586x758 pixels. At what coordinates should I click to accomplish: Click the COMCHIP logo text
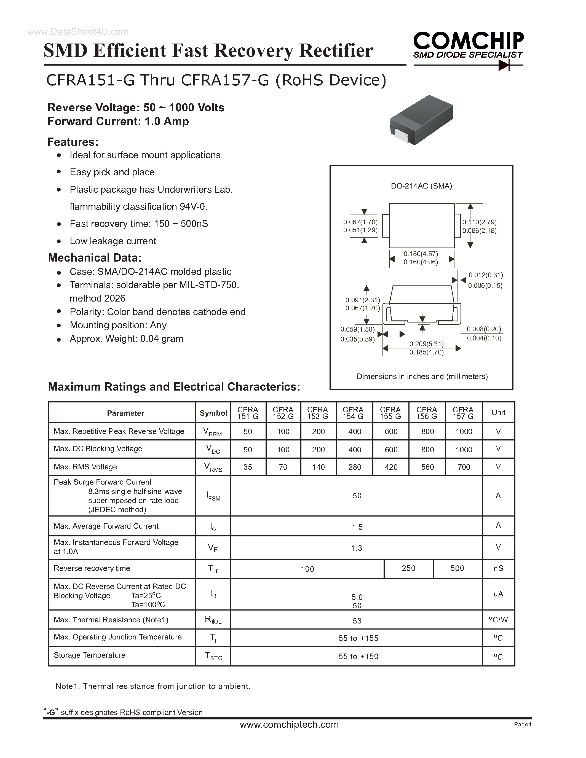click(468, 41)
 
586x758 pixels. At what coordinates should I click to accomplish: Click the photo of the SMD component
click(421, 120)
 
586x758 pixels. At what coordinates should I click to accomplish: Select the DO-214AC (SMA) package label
click(421, 186)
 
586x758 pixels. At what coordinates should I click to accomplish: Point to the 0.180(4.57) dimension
click(421, 254)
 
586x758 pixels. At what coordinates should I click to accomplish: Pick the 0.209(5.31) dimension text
click(426, 344)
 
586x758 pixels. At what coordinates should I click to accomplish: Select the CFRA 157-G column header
click(463, 413)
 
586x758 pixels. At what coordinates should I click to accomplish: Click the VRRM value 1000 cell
click(464, 431)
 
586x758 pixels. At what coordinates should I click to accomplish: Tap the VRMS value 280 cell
click(354, 467)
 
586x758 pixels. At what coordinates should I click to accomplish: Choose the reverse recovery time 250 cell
click(408, 568)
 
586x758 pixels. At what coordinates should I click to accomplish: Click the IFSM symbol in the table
click(213, 496)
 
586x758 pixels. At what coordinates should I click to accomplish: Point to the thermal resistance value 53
click(357, 621)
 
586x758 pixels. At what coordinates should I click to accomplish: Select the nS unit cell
click(498, 568)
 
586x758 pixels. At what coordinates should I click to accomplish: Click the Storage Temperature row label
click(90, 655)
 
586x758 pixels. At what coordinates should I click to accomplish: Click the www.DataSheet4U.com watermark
click(78, 32)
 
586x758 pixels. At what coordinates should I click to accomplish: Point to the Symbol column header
click(213, 413)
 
